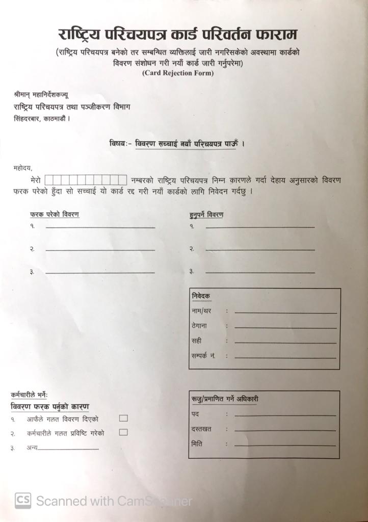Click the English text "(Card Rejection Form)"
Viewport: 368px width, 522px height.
177,73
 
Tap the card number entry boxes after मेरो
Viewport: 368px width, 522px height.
86,180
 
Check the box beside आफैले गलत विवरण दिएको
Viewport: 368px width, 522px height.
123,419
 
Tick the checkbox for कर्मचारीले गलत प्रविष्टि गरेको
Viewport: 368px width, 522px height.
123,432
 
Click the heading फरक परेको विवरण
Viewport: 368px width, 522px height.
55,214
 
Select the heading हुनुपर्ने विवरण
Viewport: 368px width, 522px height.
206,215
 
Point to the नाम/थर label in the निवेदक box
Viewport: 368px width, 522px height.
201,310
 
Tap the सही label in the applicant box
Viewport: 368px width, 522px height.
196,341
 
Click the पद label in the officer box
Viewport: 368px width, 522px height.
195,413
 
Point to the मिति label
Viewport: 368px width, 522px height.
197,443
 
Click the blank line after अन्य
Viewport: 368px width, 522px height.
68,449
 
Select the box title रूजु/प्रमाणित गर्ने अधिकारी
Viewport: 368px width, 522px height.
225,399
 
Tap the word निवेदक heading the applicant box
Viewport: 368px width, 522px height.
201,296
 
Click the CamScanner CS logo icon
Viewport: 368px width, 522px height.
23,501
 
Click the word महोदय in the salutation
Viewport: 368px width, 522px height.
23,167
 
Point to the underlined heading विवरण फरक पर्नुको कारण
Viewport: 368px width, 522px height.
49,407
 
